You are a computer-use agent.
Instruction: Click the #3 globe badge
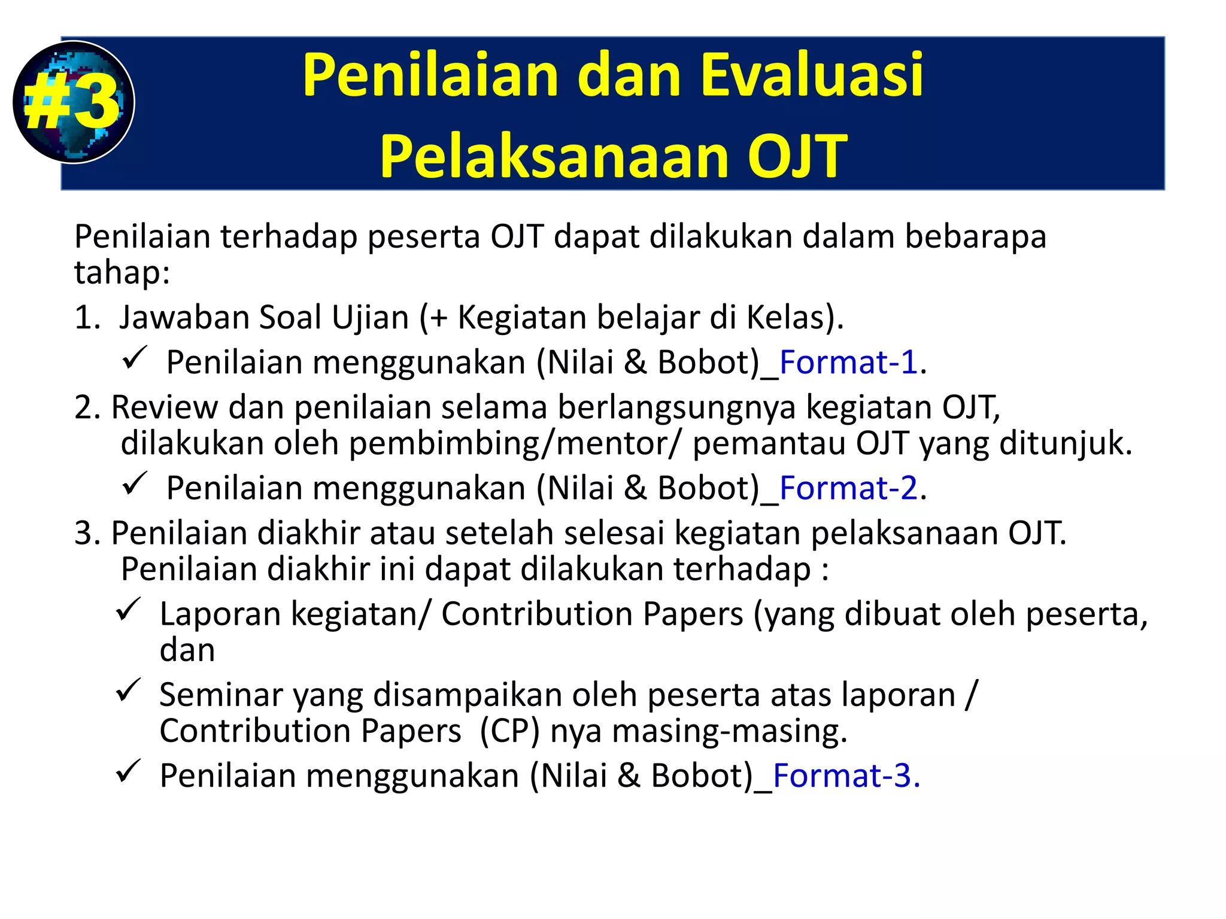pyautogui.click(x=73, y=102)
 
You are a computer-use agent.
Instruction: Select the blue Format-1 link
pyautogui.click(x=848, y=362)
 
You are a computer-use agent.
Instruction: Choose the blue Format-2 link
pyautogui.click(x=848, y=488)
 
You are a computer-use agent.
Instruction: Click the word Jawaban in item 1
pyautogui.click(x=184, y=317)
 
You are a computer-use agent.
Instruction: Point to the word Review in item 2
pyautogui.click(x=164, y=407)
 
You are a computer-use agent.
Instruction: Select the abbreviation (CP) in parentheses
pyautogui.click(x=509, y=731)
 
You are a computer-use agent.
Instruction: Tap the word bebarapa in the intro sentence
pyautogui.click(x=975, y=236)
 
